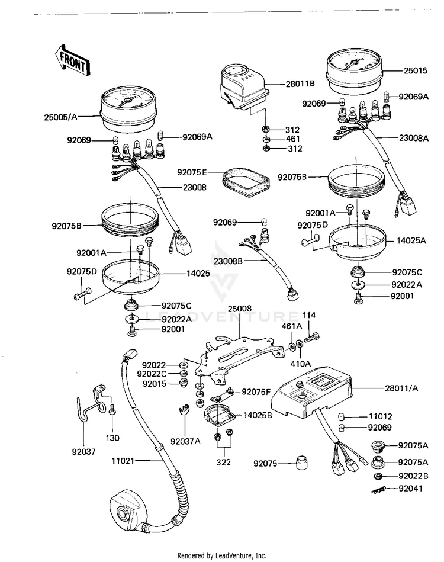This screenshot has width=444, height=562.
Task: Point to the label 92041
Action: point(410,489)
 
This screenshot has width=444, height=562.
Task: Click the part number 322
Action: point(223,463)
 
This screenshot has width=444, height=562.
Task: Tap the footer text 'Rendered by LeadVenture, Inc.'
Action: point(222,555)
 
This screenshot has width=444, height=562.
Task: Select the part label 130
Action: point(112,438)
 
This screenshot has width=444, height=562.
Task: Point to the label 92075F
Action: point(256,392)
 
